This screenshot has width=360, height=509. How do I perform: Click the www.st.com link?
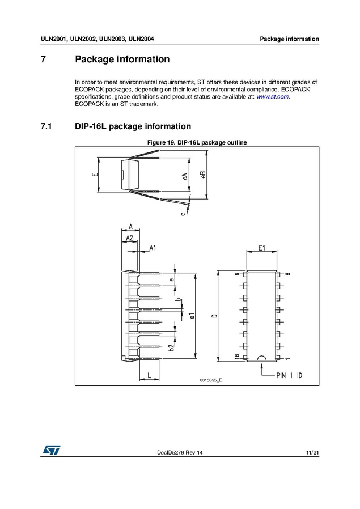[273, 97]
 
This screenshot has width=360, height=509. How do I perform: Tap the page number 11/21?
[312, 452]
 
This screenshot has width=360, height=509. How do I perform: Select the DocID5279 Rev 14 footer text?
[179, 452]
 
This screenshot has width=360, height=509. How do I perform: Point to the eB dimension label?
[203, 175]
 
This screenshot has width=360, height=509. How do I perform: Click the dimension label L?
[149, 375]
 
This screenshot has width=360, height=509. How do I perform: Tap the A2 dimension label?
[129, 238]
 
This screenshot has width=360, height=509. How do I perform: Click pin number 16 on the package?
[237, 357]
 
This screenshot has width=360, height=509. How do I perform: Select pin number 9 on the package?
[237, 274]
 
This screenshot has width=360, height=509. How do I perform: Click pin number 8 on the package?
[288, 274]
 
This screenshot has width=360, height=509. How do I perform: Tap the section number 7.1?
[46, 126]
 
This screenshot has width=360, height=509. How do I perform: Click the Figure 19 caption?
[197, 142]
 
